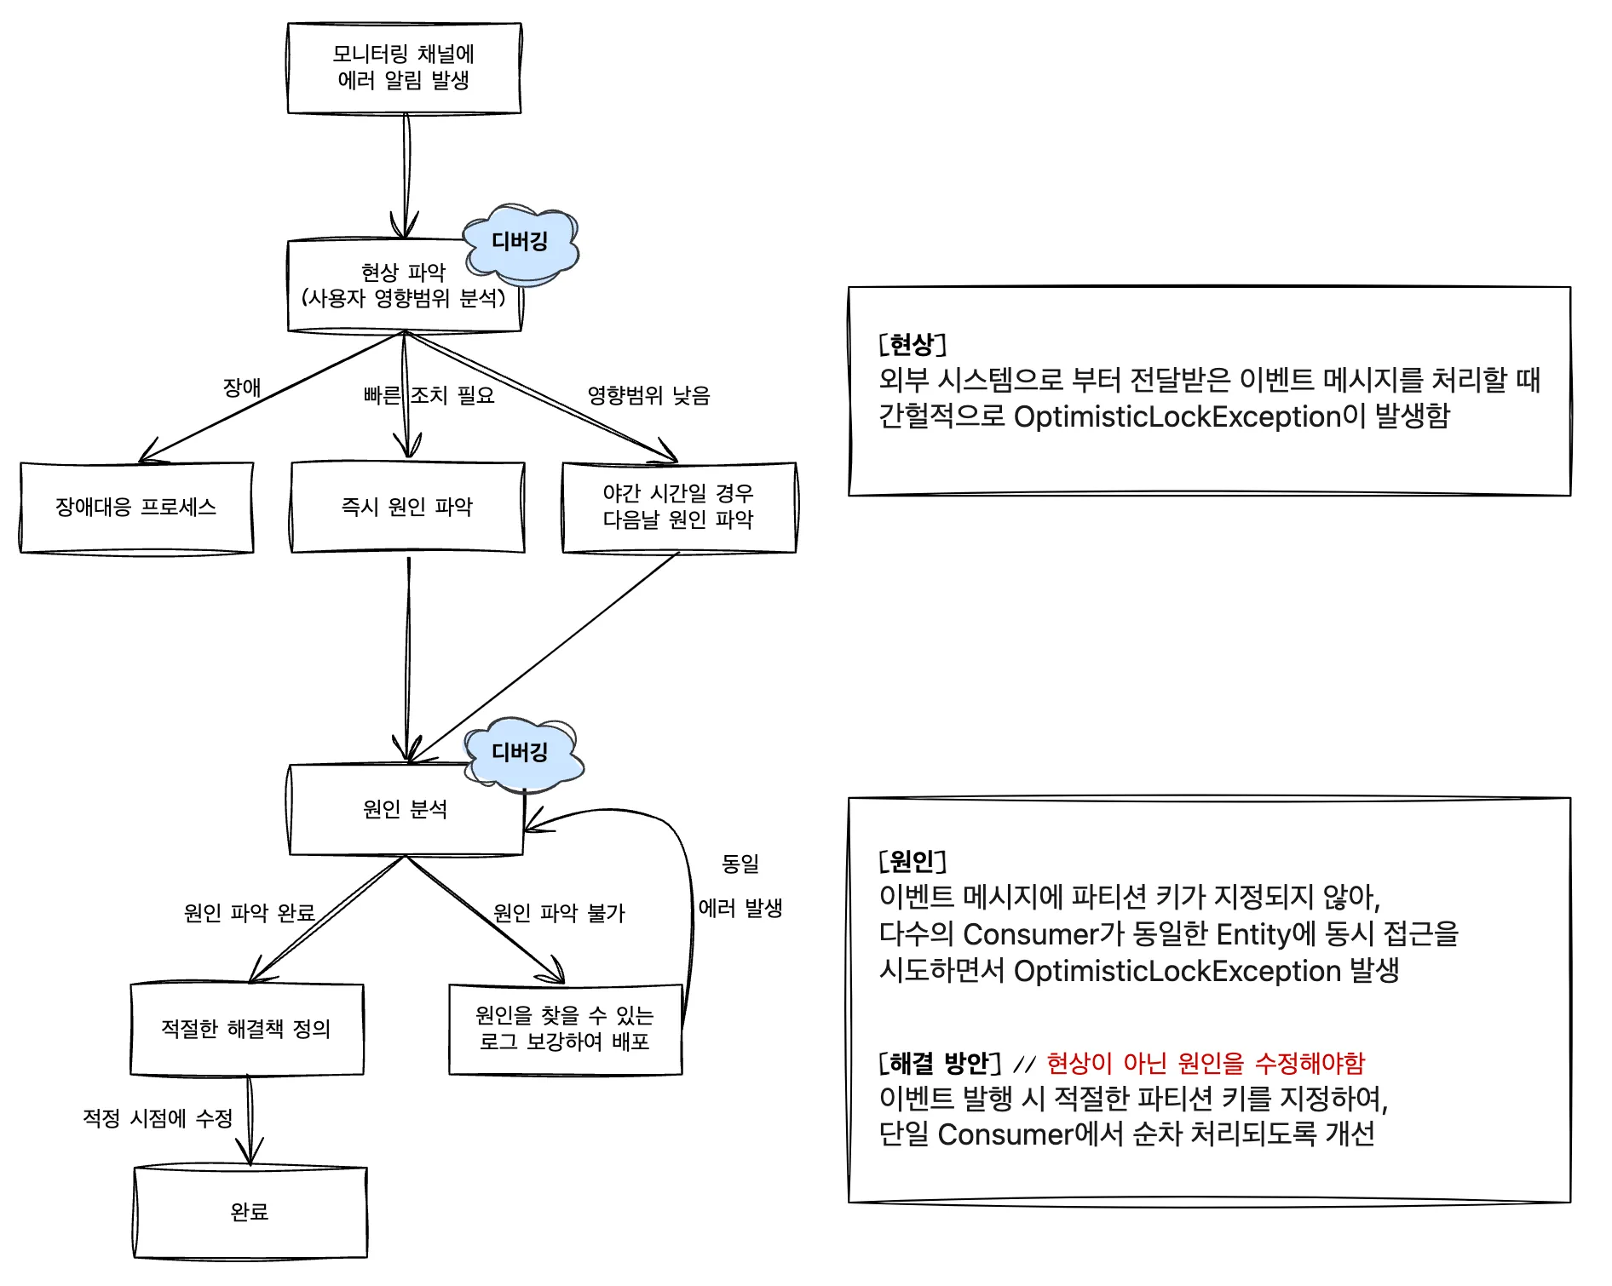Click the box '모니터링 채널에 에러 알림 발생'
click(404, 68)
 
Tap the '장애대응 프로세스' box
click(136, 508)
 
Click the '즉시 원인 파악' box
click(407, 508)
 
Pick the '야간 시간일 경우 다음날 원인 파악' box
click(679, 508)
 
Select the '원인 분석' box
click(406, 809)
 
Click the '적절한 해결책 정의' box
click(246, 1029)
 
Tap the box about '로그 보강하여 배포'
click(565, 1029)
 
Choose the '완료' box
click(250, 1212)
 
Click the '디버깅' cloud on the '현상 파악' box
click(521, 243)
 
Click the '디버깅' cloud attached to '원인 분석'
click(521, 753)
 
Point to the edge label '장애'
click(242, 388)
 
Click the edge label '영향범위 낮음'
click(648, 396)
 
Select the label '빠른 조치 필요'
click(429, 396)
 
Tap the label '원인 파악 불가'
click(559, 914)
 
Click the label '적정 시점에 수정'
click(158, 1119)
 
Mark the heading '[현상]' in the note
click(913, 345)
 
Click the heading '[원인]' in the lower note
click(913, 861)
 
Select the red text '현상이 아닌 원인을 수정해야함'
click(1206, 1064)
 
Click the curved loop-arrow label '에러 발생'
click(740, 909)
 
